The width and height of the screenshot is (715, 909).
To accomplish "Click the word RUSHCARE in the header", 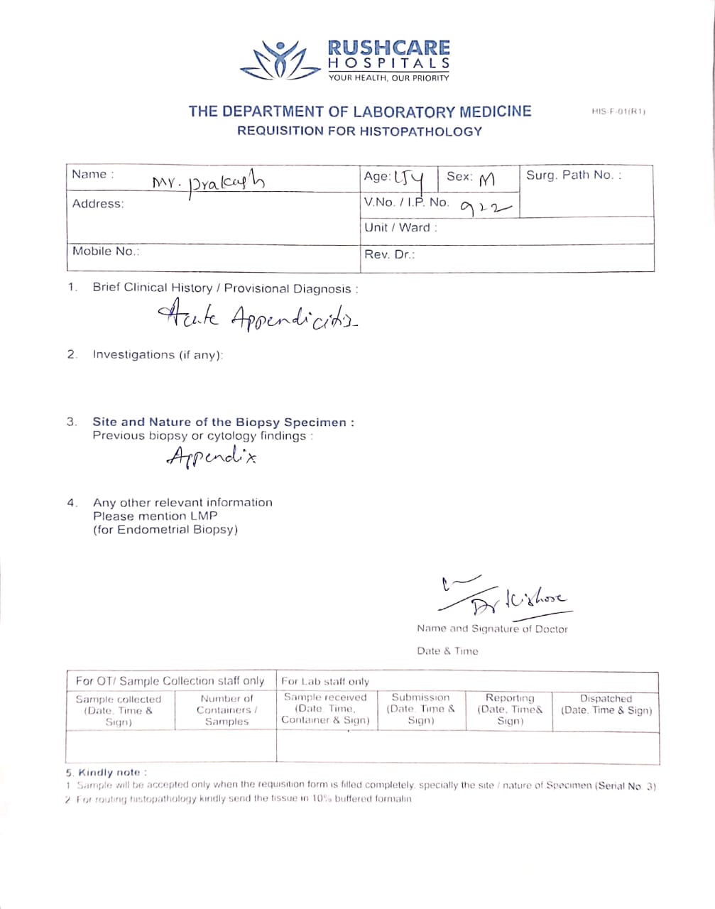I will pos(388,48).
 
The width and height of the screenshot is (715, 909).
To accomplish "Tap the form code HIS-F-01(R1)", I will pos(618,111).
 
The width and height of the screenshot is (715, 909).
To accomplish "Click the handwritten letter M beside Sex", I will pos(486,180).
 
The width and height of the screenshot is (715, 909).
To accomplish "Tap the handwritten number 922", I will pos(486,207).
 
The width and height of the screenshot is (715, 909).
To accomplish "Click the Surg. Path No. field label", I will pos(573,175).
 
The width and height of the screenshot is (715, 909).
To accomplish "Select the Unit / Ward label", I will pos(400,228).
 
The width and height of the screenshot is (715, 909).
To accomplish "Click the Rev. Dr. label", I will pos(389,254).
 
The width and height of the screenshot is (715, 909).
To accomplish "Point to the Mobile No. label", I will pos(106,251).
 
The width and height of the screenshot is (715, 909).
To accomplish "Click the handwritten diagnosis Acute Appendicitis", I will pos(258,317).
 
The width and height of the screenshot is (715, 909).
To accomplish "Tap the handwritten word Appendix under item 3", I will pos(211,456).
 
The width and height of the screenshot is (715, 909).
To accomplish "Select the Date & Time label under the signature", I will pos(447,651).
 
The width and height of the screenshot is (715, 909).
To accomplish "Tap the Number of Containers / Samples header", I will pos(226,710).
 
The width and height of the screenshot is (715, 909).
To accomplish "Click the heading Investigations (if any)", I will pos(158,354).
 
